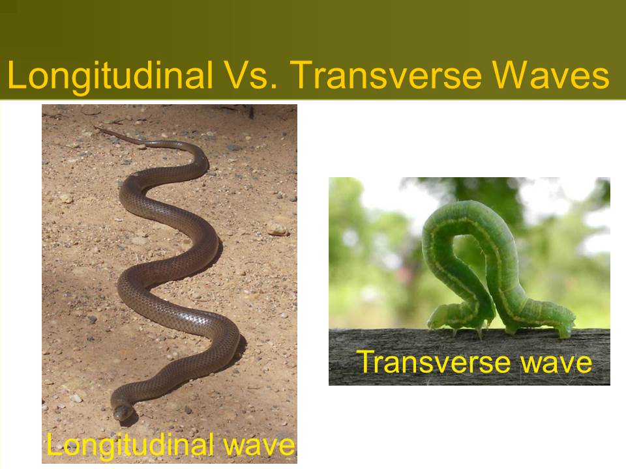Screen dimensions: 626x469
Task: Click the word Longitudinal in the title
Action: point(110,76)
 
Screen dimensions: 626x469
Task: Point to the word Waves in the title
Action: point(550,75)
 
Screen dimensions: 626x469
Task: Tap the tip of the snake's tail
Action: point(95,127)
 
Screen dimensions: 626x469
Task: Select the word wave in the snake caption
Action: point(260,446)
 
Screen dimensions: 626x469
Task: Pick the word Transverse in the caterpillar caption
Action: point(432,362)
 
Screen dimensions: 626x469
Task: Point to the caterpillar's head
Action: point(437,317)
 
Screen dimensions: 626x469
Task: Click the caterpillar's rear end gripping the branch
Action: point(563,325)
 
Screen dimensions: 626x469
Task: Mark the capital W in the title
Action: point(509,75)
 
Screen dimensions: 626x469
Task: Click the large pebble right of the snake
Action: point(278,230)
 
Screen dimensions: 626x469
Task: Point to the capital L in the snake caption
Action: point(54,444)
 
